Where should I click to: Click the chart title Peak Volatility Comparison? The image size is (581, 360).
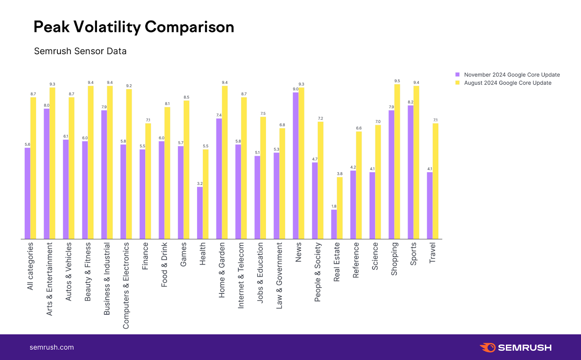click(134, 27)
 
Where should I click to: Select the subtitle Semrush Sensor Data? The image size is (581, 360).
click(80, 51)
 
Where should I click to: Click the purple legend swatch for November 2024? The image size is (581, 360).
click(458, 74)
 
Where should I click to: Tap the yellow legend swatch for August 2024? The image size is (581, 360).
click(458, 83)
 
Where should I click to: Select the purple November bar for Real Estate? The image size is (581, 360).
click(334, 224)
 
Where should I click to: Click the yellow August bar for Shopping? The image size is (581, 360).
click(397, 162)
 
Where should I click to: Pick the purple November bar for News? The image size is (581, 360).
click(296, 166)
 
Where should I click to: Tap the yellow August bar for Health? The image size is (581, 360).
click(206, 194)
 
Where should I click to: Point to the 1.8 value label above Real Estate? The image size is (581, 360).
click(334, 206)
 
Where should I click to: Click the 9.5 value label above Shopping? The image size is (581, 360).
click(397, 81)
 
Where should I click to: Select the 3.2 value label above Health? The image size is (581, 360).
click(200, 183)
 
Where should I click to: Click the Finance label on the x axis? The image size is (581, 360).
click(145, 256)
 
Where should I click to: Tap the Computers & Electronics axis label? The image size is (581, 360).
click(126, 286)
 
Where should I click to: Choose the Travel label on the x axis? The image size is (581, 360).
click(432, 253)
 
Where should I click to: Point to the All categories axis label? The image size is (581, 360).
click(30, 266)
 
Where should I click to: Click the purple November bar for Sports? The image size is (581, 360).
click(410, 172)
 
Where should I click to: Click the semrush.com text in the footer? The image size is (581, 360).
click(52, 347)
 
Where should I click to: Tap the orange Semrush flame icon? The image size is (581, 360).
click(488, 347)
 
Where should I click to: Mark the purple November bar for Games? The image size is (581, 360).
click(180, 193)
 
